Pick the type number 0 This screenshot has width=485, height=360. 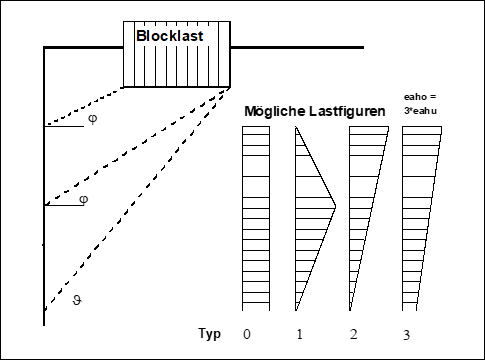pyautogui.click(x=246, y=332)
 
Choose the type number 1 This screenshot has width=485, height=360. pyautogui.click(x=299, y=332)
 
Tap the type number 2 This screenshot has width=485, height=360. pyautogui.click(x=353, y=332)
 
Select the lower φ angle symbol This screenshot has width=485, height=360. pyautogui.click(x=83, y=199)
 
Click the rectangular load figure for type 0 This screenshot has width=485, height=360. pyautogui.click(x=256, y=220)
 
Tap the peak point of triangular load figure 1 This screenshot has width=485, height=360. pyautogui.click(x=335, y=206)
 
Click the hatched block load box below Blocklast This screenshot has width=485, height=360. pyautogui.click(x=176, y=66)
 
